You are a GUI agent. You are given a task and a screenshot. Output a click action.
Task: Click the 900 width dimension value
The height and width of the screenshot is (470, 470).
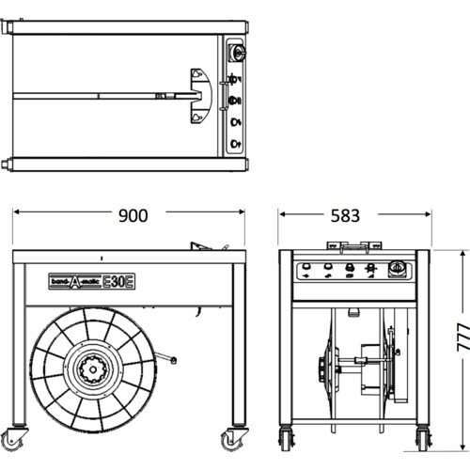(x=133, y=216)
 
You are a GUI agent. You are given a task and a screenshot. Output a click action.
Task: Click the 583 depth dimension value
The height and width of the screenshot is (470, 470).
(x=345, y=216)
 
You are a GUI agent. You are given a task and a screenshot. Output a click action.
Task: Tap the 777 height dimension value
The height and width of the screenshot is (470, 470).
(x=463, y=337)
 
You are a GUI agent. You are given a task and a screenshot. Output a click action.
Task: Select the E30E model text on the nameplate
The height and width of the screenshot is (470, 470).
(x=118, y=281)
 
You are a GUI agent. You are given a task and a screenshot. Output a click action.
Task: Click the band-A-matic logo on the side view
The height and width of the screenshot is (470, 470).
(x=75, y=281)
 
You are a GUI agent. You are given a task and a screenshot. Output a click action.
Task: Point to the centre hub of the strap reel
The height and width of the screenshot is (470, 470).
(x=93, y=369)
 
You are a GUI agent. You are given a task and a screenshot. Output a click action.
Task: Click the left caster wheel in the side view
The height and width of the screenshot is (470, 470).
(x=12, y=440)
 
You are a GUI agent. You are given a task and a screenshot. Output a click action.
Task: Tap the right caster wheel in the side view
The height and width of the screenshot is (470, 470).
(x=233, y=440)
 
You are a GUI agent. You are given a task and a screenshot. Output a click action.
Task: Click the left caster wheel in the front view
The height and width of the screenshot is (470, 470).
(x=287, y=438)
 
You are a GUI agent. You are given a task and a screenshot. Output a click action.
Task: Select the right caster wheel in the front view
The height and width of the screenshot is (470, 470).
(x=424, y=438)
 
